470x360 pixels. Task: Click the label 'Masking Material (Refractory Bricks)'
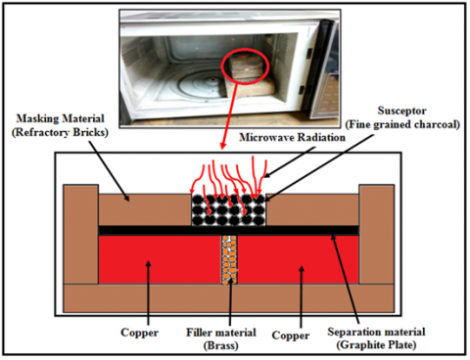pos(60,125)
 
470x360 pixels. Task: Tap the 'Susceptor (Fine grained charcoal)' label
pos(402,117)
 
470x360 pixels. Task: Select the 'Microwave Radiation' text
pos(292,137)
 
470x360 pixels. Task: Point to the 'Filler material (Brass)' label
pos(221,338)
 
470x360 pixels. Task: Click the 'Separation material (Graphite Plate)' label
pos(376,338)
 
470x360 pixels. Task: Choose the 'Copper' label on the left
pos(139,333)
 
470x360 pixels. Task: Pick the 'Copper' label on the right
pos(291,336)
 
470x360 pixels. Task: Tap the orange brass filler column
pos(230,260)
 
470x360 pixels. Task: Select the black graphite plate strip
pos(228,230)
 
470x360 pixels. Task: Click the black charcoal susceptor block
pos(228,210)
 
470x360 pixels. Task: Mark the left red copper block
pos(160,259)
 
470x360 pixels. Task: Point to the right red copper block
pos(299,259)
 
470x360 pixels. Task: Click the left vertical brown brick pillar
pos(80,234)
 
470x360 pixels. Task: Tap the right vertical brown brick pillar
pos(377,234)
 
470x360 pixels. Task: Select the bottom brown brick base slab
pos(228,298)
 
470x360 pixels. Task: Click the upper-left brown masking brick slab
pos(145,209)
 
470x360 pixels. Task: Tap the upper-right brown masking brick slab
pos(312,209)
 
